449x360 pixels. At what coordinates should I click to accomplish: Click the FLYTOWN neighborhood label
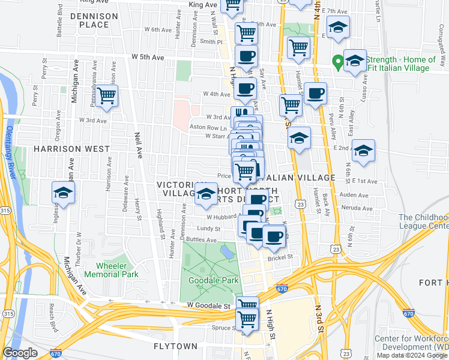(x=175, y=347)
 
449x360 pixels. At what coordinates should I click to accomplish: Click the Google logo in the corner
(x=20, y=353)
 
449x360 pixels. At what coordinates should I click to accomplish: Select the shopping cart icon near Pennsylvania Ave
(x=106, y=95)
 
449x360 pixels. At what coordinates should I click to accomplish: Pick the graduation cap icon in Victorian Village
(x=206, y=194)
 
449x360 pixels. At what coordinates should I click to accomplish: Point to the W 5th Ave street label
(x=148, y=58)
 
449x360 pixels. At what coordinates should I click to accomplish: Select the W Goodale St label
(x=208, y=305)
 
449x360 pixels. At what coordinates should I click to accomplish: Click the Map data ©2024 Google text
(x=412, y=355)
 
